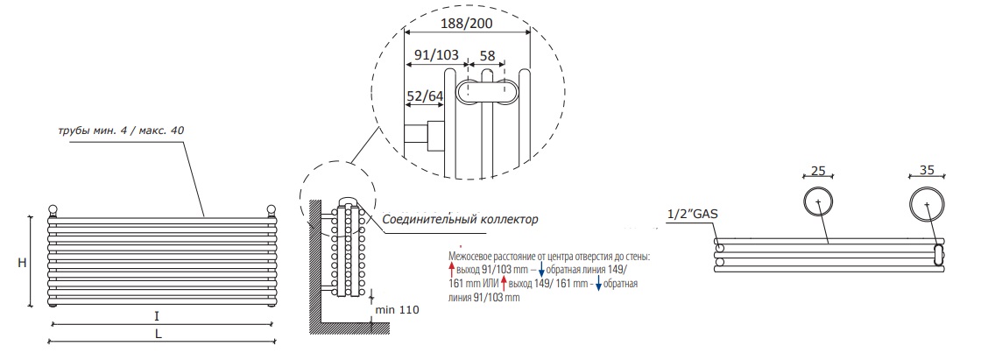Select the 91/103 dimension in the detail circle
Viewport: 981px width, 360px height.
click(x=435, y=55)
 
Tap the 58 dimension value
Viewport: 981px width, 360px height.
click(x=487, y=55)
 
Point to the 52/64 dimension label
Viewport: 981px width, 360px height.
click(x=425, y=96)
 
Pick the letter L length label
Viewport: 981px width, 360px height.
click(x=158, y=333)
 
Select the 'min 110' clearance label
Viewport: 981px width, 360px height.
click(x=398, y=311)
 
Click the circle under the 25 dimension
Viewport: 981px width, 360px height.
click(x=818, y=202)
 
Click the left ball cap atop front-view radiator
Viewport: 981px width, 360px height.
click(x=53, y=210)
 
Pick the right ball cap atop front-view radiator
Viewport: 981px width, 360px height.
click(x=271, y=210)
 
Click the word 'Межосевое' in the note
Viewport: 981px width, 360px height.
click(x=473, y=258)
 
